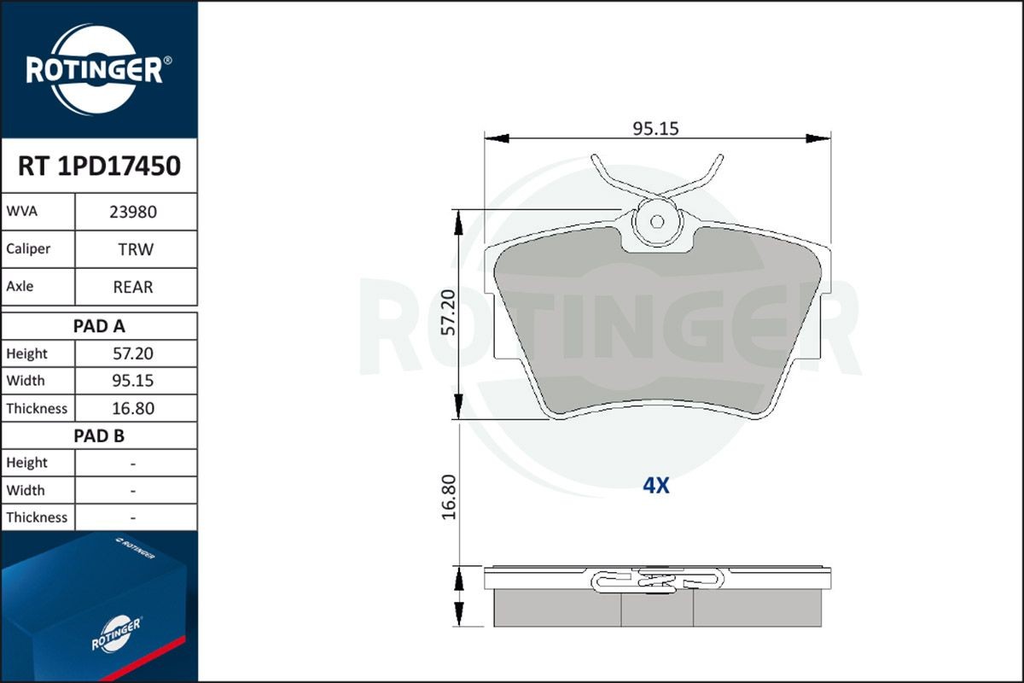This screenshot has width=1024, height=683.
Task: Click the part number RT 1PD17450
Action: coord(99,166)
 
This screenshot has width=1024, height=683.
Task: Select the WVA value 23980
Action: coord(133,212)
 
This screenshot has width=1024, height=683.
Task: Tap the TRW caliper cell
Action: coord(136,249)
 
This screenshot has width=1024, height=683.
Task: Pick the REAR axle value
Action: coord(133,287)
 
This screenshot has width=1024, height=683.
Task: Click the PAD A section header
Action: coord(99,326)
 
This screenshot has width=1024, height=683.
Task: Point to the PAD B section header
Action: coord(99,436)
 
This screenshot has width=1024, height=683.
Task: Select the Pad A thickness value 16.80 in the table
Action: coord(133,408)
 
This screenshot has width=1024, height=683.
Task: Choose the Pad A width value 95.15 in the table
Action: coord(133,381)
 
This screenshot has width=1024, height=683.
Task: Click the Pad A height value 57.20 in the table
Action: coord(133,353)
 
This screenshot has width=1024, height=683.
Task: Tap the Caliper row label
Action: coord(28,248)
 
